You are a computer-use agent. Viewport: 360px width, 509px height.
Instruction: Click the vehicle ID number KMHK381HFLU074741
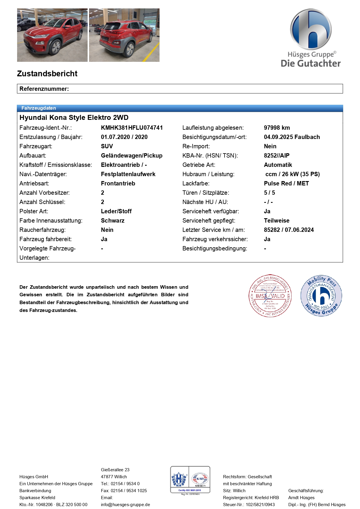point(132,128)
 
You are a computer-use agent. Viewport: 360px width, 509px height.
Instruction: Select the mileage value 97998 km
point(277,128)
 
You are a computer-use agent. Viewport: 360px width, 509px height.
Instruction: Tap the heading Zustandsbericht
point(47,74)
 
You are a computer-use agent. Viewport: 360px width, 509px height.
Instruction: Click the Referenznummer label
point(44,89)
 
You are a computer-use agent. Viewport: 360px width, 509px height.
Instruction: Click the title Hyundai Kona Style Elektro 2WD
point(74,118)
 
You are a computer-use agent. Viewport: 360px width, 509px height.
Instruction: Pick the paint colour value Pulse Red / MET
point(286,183)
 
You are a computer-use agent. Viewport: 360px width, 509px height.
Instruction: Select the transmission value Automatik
point(278,165)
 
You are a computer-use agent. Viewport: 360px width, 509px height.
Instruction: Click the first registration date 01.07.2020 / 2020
point(124,137)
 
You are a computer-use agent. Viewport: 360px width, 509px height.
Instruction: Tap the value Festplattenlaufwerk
point(128,174)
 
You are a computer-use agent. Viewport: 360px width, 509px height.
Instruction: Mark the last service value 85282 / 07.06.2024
point(289,230)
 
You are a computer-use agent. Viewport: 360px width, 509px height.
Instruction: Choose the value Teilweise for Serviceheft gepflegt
point(276,221)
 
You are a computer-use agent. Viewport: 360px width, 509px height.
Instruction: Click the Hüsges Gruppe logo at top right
point(311,38)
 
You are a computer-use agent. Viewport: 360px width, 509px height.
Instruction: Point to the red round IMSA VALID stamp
point(270,296)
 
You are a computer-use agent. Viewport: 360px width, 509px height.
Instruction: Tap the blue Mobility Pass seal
point(321,296)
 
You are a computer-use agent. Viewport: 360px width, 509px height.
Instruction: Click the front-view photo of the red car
point(52,35)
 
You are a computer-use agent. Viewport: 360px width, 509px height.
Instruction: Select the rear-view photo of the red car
point(124,35)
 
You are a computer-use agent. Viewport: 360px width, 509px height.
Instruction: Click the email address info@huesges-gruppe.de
point(125,505)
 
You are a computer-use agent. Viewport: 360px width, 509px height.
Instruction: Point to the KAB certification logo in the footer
point(200,479)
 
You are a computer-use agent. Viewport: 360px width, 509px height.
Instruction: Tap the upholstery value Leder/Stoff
point(116,211)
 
